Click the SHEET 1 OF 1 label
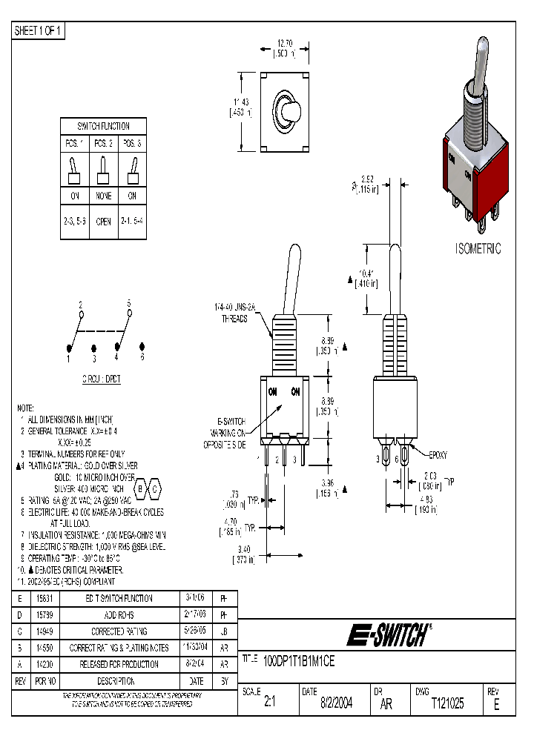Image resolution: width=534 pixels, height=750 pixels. click(x=39, y=30)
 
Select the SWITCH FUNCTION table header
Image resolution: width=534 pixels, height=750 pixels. click(x=104, y=126)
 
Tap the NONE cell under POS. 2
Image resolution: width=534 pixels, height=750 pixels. click(x=104, y=196)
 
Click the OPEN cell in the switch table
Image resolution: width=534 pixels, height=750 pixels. click(x=104, y=222)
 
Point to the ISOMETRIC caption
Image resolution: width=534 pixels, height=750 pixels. click(x=478, y=249)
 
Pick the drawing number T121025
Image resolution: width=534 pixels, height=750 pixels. click(x=447, y=705)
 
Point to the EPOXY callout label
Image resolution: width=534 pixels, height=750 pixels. click(x=438, y=454)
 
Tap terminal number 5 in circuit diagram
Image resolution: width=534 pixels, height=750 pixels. click(x=129, y=304)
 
